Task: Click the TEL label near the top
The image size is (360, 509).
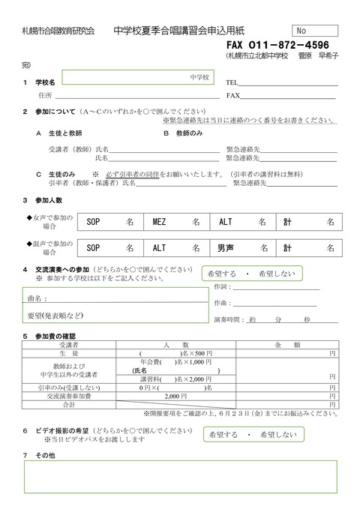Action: click(232, 82)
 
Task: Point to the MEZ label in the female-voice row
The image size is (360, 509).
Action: click(160, 222)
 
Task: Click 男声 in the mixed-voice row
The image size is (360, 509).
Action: click(226, 248)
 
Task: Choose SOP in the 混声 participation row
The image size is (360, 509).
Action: click(93, 248)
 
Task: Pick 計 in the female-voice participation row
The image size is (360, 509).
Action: click(287, 222)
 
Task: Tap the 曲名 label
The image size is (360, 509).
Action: click(35, 298)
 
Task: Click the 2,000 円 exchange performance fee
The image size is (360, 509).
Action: click(175, 396)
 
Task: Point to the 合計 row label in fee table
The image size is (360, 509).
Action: click(69, 405)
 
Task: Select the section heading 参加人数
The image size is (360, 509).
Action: click(48, 200)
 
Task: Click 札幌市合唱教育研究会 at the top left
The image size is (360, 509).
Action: click(53, 31)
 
